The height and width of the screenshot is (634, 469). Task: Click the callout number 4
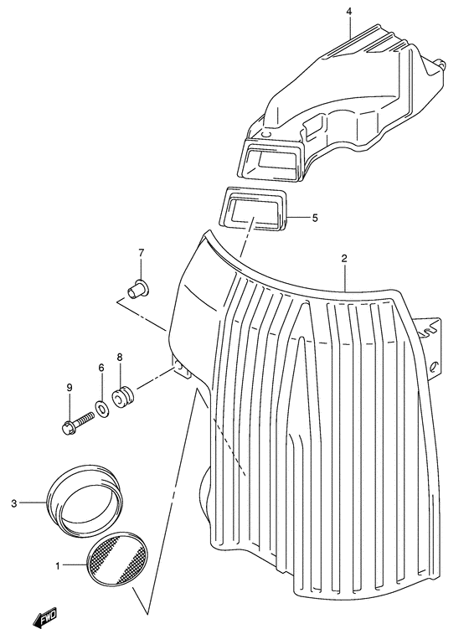[349, 12]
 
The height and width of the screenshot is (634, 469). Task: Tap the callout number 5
[315, 219]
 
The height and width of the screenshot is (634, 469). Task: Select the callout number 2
[344, 259]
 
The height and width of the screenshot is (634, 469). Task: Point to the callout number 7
[141, 254]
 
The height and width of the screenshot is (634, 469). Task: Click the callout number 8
[120, 358]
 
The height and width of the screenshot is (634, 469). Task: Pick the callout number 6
[101, 368]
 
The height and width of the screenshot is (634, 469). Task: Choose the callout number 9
[70, 388]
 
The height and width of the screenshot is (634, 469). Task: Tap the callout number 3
[14, 504]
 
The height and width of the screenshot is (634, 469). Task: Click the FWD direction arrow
[46, 616]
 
